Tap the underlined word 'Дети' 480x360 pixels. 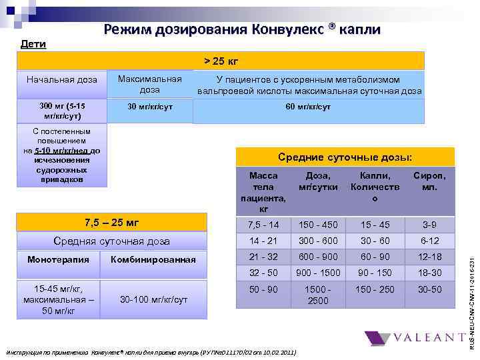tap(33, 45)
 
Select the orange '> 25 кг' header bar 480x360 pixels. tap(221, 61)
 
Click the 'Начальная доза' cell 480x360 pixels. tap(61, 80)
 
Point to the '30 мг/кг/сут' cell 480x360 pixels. tap(149, 107)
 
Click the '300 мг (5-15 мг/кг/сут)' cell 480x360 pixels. tap(61, 111)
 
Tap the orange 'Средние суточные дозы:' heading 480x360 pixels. tap(345, 157)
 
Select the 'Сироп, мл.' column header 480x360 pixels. tap(430, 181)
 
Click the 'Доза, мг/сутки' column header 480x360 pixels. tap(318, 181)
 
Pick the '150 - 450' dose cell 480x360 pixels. tap(318, 224)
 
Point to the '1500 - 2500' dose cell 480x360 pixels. tap(318, 295)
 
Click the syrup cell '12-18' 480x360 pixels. tap(430, 257)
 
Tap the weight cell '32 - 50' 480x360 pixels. tap(263, 273)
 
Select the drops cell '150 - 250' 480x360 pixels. tap(375, 289)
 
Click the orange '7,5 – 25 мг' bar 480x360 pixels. tap(111, 222)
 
